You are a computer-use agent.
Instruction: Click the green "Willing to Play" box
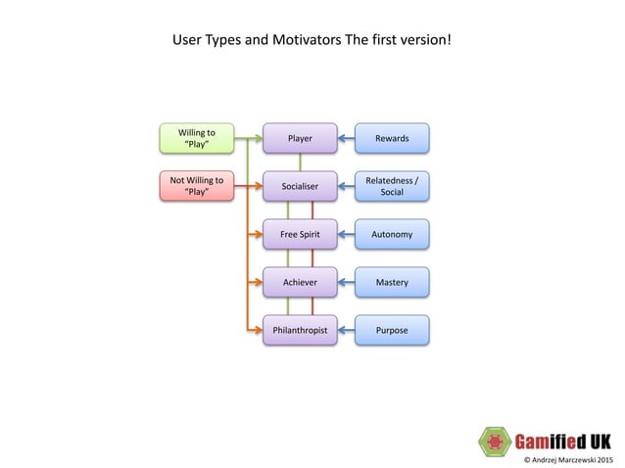[197, 138]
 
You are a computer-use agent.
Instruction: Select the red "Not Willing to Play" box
[197, 186]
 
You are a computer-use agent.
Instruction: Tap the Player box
[300, 138]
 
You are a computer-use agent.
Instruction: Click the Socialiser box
[300, 186]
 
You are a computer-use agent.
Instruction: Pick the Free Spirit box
[300, 235]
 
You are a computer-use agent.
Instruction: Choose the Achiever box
[300, 283]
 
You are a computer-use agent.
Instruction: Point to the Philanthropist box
[300, 331]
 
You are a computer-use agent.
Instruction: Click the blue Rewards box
[392, 138]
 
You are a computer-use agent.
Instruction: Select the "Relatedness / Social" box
[392, 186]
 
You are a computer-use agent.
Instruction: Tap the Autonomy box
[392, 235]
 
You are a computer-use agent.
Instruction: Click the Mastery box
[392, 283]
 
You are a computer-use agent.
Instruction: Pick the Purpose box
[392, 331]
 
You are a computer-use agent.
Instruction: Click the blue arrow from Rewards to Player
[346, 138]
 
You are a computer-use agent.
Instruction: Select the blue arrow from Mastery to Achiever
[346, 283]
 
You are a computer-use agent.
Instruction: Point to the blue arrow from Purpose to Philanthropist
[346, 331]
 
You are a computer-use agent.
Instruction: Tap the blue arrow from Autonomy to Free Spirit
[346, 235]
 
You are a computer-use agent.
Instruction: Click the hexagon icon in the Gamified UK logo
[496, 441]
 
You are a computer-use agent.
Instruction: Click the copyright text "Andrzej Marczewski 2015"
[568, 458]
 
